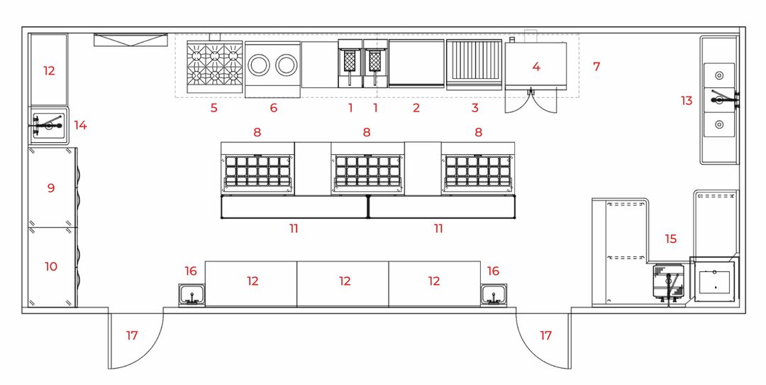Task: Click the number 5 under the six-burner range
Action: pyautogui.click(x=213, y=108)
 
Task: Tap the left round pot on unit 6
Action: pyautogui.click(x=258, y=65)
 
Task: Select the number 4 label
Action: pyautogui.click(x=536, y=67)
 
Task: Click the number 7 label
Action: pyautogui.click(x=596, y=67)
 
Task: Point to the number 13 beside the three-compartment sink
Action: pyautogui.click(x=687, y=101)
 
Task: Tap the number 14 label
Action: pyautogui.click(x=81, y=126)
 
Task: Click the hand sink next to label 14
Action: pyautogui.click(x=48, y=126)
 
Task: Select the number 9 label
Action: pyautogui.click(x=50, y=188)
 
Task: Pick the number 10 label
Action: pyautogui.click(x=50, y=266)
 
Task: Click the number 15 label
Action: pyautogui.click(x=671, y=239)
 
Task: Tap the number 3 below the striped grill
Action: pyautogui.click(x=474, y=108)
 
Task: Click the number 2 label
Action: pyautogui.click(x=416, y=108)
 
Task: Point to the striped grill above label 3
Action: pyautogui.click(x=474, y=64)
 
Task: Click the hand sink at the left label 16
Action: pyautogui.click(x=191, y=294)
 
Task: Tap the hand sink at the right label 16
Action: pyautogui.click(x=493, y=294)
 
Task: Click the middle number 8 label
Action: pyautogui.click(x=367, y=132)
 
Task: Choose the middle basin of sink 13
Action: pyautogui.click(x=719, y=100)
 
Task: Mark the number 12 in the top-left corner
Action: pyautogui.click(x=49, y=71)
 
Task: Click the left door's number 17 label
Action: pyautogui.click(x=132, y=335)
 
